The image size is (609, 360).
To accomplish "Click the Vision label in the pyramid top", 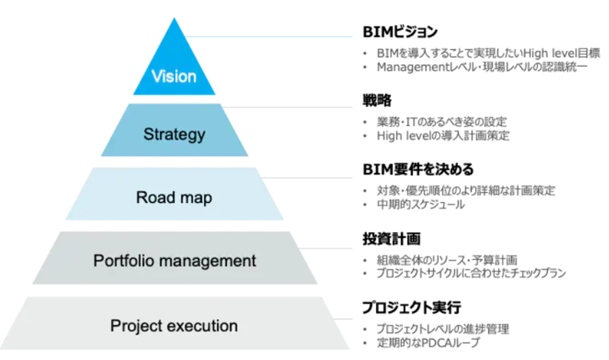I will pyautogui.click(x=174, y=77).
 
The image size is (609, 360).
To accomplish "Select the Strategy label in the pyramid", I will pyautogui.click(x=174, y=134).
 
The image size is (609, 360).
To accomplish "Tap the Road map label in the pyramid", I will pyautogui.click(x=174, y=198).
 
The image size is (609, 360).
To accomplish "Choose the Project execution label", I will pyautogui.click(x=174, y=325).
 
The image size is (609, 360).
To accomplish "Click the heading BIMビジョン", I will pyautogui.click(x=399, y=33).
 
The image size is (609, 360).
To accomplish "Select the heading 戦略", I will pyautogui.click(x=377, y=101).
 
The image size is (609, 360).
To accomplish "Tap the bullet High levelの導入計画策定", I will pyautogui.click(x=443, y=135).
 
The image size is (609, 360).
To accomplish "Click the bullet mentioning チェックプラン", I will pyautogui.click(x=471, y=273).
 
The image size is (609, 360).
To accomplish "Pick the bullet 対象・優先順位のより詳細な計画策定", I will pyautogui.click(x=465, y=190).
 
